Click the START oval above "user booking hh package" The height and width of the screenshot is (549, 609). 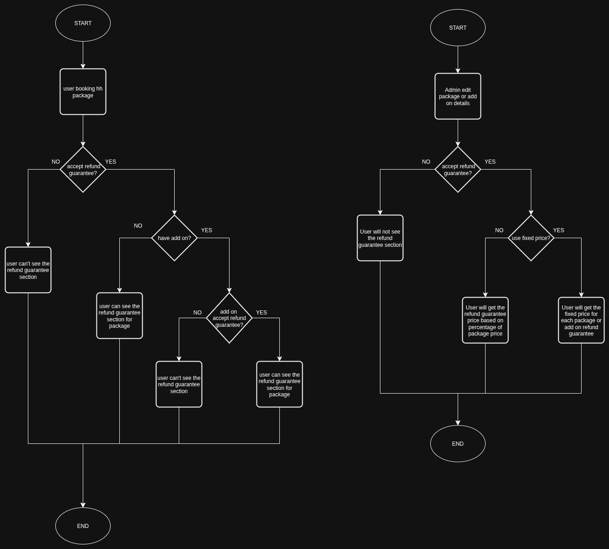point(83,23)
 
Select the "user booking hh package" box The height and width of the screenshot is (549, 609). point(83,92)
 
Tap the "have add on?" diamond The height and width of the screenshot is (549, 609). point(174,238)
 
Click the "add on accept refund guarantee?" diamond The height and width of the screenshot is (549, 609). point(229,318)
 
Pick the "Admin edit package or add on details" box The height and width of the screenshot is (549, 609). point(458,96)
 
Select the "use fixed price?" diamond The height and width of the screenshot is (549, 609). point(531,238)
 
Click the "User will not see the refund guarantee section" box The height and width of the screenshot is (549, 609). point(380,238)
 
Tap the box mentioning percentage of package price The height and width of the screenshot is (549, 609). point(485,320)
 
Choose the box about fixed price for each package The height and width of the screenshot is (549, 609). point(581,320)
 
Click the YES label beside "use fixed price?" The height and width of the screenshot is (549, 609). point(559,230)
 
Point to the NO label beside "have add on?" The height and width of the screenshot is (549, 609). point(138,226)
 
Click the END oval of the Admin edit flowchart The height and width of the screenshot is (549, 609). point(458,444)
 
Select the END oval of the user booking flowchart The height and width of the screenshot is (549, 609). point(83,526)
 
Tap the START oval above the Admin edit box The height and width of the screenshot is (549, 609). point(458,28)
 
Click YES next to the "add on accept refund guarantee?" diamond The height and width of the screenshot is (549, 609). point(262,313)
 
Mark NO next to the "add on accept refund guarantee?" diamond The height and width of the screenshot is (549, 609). point(198,313)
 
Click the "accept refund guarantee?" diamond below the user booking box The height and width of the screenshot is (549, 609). point(83,170)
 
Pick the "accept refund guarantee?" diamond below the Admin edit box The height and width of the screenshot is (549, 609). point(458,170)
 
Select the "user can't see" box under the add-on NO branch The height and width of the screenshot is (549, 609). point(179,384)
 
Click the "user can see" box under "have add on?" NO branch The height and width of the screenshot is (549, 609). point(119,316)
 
